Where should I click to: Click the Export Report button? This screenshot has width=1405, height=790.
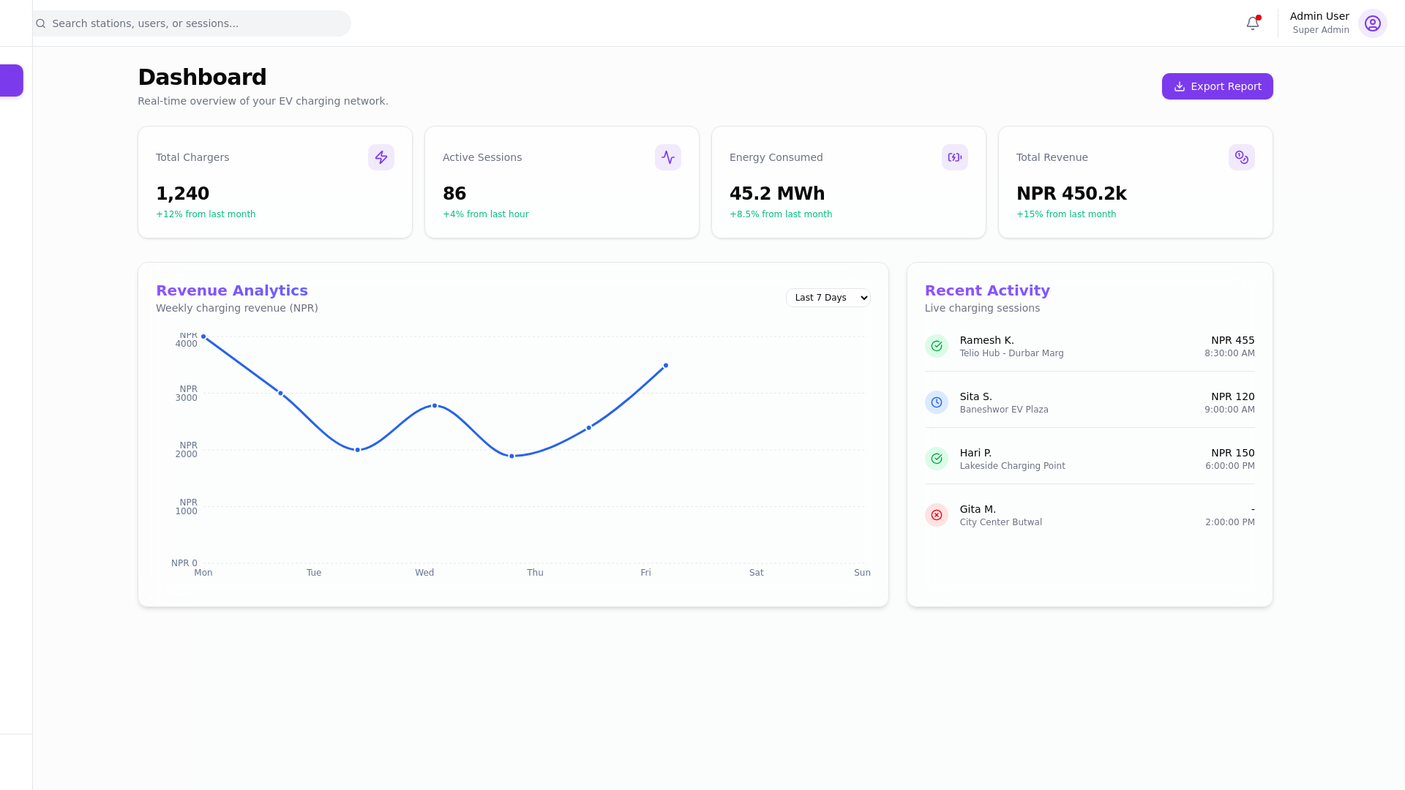tap(1217, 86)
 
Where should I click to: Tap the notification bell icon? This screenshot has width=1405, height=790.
tap(1252, 23)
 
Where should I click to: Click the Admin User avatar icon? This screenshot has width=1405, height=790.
tap(1372, 23)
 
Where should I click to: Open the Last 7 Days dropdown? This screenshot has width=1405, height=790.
tap(828, 298)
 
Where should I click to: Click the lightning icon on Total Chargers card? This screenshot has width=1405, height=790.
tap(381, 157)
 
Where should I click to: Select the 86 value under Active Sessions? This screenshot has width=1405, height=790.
tap(454, 194)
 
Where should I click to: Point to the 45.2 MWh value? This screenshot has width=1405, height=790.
tap(776, 194)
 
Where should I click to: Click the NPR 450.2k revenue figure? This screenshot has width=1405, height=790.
tap(1071, 194)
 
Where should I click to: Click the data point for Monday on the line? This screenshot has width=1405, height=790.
tap(203, 337)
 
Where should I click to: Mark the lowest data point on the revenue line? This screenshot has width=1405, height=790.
tap(512, 456)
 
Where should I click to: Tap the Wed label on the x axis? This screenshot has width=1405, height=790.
tap(424, 573)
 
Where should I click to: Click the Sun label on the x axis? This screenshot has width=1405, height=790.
tap(861, 573)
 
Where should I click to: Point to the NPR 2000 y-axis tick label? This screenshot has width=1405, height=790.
tap(187, 450)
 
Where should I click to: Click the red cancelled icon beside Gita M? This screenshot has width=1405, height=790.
tap(936, 515)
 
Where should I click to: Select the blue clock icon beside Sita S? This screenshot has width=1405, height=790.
tap(936, 402)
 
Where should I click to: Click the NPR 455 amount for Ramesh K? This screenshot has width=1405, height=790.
tap(1232, 340)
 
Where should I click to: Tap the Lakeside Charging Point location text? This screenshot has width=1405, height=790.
tap(1012, 466)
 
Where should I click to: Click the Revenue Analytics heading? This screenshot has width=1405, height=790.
tap(232, 290)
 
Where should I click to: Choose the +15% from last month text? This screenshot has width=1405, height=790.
tap(1065, 214)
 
